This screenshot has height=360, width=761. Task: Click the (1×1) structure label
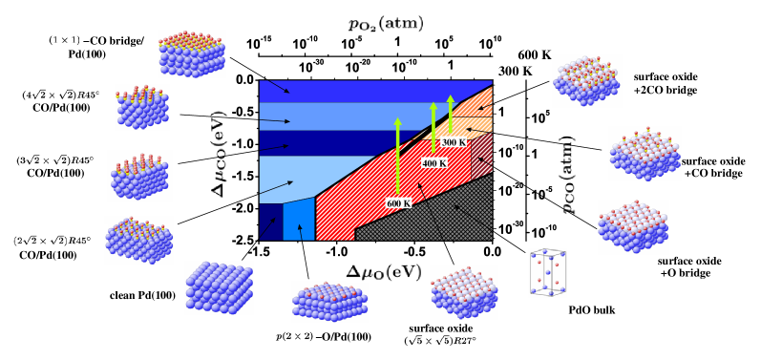pos(64,40)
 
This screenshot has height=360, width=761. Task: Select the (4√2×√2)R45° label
pos(61,95)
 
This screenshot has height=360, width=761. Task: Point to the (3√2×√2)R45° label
pos(55,160)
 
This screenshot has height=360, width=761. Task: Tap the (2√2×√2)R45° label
pos(53,241)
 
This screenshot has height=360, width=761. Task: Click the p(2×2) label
pos(294,336)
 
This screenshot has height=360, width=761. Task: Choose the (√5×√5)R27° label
pos(439,340)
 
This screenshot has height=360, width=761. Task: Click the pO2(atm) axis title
pos(385,24)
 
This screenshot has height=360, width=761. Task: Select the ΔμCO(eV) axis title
pos(219,154)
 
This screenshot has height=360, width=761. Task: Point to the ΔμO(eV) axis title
pos(383,272)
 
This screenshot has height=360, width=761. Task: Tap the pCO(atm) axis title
pos(567,175)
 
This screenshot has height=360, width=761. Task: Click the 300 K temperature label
pos(454,142)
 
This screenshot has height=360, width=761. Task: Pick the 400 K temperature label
pos(434,163)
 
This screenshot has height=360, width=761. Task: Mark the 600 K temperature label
pos(398,203)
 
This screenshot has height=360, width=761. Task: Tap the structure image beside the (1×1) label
pos(192,53)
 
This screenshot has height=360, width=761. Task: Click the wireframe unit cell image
pos(547,273)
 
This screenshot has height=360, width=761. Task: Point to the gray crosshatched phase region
pos(439,215)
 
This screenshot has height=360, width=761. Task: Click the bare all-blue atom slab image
pos(219,287)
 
